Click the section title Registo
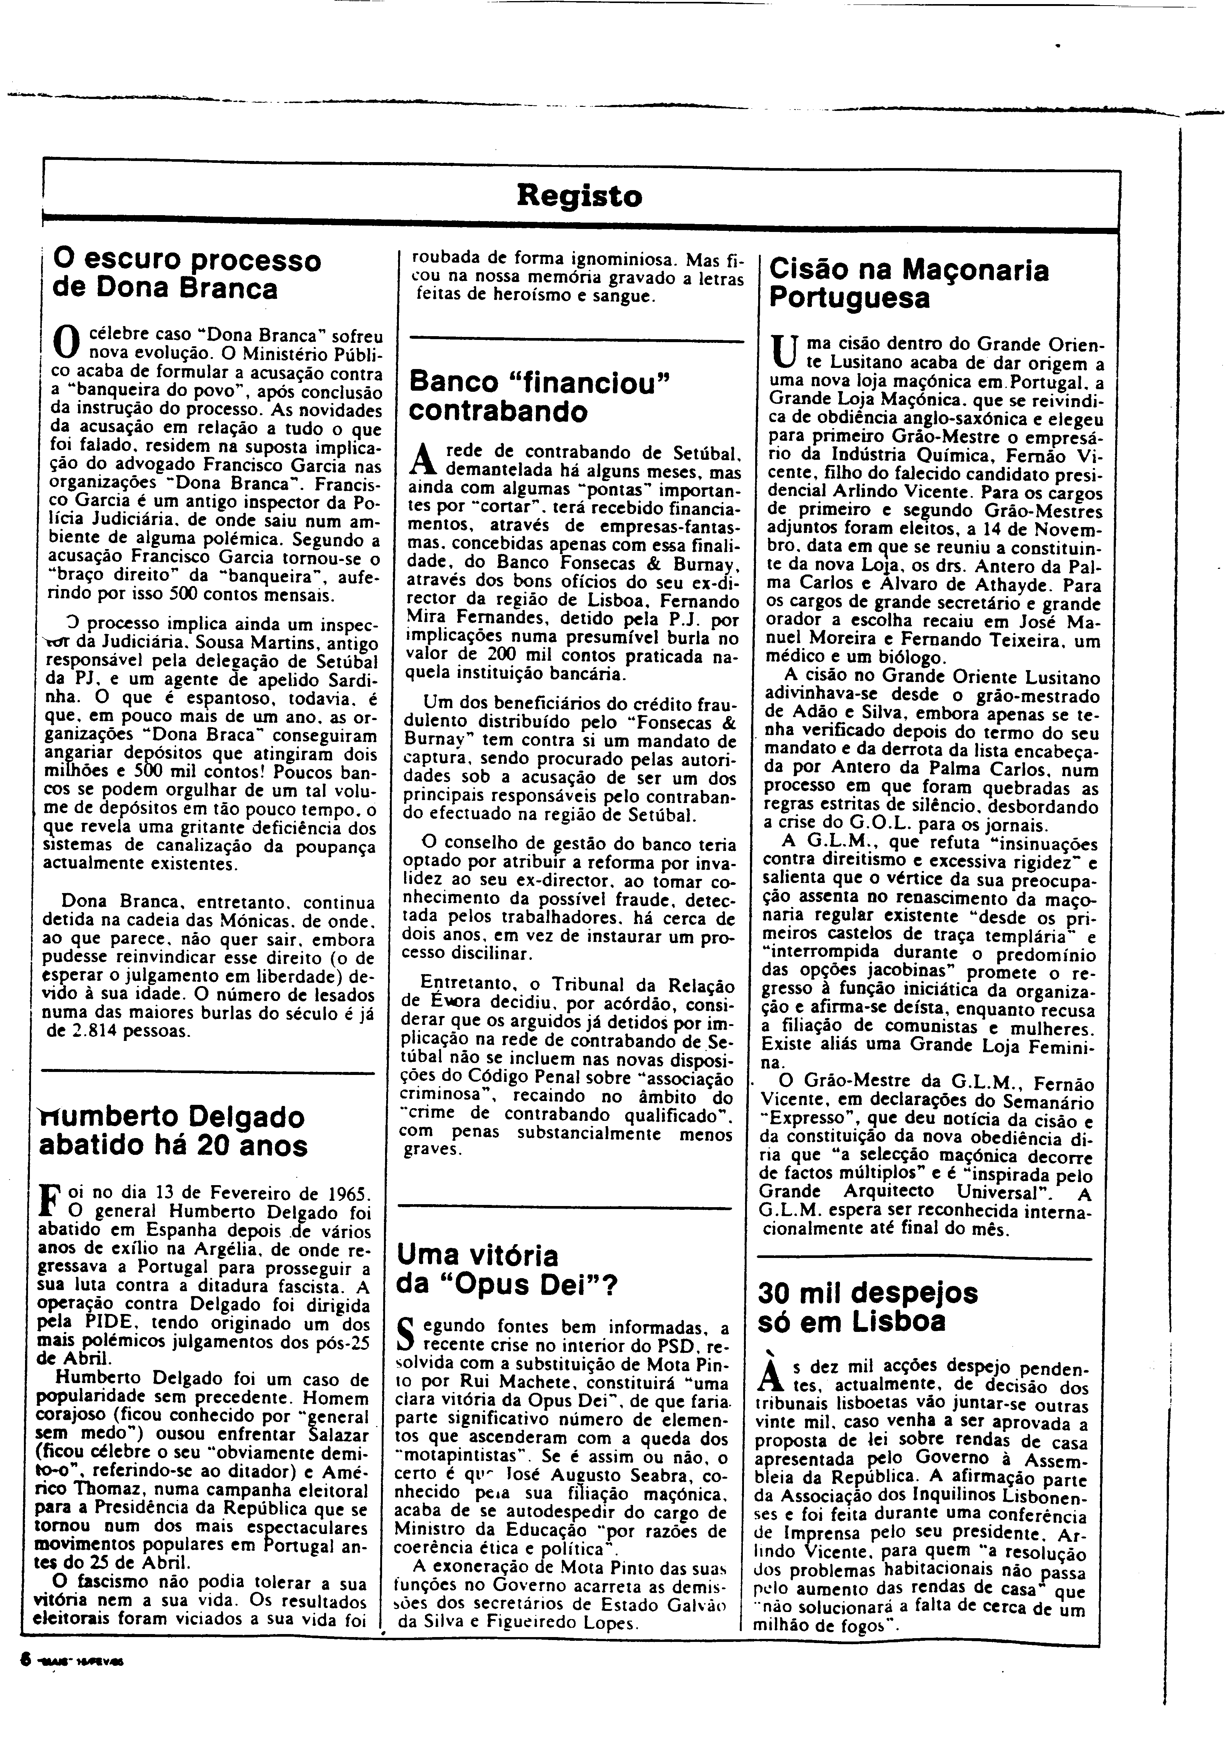579,196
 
